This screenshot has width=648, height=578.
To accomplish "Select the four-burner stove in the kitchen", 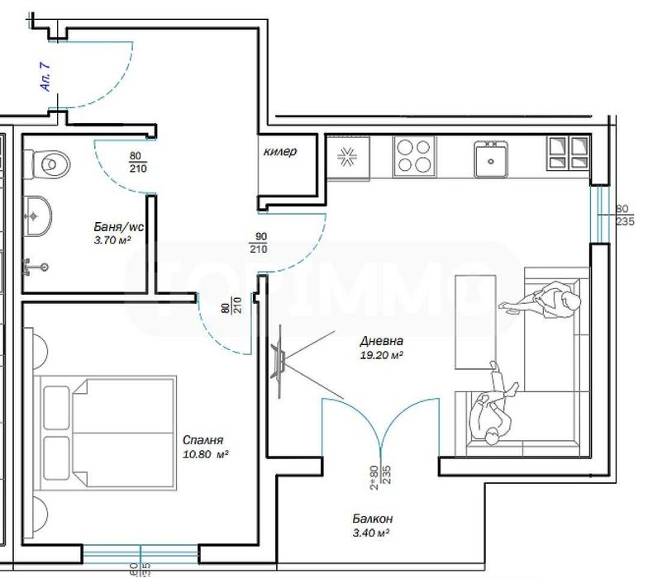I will (x=414, y=155).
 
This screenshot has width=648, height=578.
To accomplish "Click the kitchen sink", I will (x=490, y=159).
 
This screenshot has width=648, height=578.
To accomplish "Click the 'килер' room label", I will (x=279, y=152).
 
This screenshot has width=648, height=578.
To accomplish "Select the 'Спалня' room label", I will (x=203, y=440).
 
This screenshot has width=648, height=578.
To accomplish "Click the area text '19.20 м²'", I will (x=381, y=355).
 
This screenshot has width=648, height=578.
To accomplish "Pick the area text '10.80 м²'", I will (x=203, y=454).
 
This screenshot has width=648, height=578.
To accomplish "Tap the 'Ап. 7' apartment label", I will (x=46, y=81).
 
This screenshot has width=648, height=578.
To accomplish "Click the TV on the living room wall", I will (x=279, y=356).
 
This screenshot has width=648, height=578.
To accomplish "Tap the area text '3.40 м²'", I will (x=369, y=533).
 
